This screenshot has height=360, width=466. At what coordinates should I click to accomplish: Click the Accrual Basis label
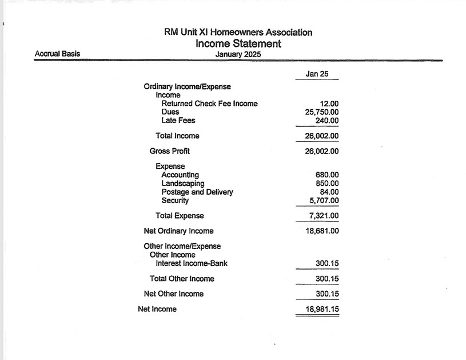point(57,54)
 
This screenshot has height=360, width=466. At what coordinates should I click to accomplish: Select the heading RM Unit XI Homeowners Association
point(238,32)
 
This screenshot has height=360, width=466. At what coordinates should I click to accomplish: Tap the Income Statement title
point(238,43)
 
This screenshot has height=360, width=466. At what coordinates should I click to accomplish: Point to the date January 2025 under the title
point(238,54)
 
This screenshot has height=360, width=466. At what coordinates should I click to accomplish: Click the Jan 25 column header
point(315,74)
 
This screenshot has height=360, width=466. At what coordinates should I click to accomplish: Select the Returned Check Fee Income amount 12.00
point(329,104)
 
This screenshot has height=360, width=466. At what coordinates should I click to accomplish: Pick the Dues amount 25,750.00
point(322,112)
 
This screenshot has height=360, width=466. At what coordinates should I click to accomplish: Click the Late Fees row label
point(178,121)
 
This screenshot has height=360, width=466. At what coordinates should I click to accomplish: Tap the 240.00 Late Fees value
point(326,121)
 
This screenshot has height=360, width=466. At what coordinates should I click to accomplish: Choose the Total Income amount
point(322,136)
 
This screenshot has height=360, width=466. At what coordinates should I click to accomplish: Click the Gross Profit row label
point(170,151)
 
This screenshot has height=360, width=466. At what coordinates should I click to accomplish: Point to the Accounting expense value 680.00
point(326,175)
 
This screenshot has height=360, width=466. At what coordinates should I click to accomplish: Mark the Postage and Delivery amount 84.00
point(329,192)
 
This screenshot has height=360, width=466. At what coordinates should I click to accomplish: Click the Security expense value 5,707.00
point(324,201)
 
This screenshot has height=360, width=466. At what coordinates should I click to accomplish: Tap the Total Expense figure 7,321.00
point(324,216)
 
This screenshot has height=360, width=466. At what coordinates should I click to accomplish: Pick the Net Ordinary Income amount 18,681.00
point(322,231)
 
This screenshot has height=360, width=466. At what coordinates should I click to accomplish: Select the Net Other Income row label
point(174,294)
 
